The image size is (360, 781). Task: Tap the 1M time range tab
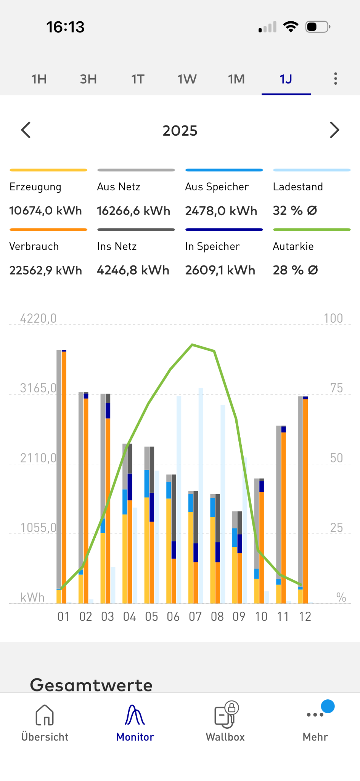coord(236,79)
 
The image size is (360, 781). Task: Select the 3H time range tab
coord(88,79)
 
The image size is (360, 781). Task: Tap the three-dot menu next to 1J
coord(336,79)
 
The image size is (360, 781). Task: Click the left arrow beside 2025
coord(26,130)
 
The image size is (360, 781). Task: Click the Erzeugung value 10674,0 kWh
coord(46,211)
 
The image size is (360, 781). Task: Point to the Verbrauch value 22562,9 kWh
coord(46,270)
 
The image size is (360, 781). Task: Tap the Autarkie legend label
coord(293,246)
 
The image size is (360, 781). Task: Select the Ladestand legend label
coord(298,187)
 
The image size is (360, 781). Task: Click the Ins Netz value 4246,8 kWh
coord(133,270)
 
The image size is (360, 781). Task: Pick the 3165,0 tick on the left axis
coord(38,388)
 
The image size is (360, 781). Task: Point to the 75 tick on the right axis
coord(336,388)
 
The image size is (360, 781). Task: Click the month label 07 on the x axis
coord(195,617)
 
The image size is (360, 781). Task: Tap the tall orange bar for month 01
coord(64,477)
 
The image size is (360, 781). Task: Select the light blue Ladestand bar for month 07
coord(201,496)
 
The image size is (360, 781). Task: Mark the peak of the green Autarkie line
coord(192,345)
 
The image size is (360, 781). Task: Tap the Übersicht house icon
coord(45,715)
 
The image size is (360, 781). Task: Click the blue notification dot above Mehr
coord(328,706)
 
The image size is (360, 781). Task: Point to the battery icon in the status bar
coord(318,27)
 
